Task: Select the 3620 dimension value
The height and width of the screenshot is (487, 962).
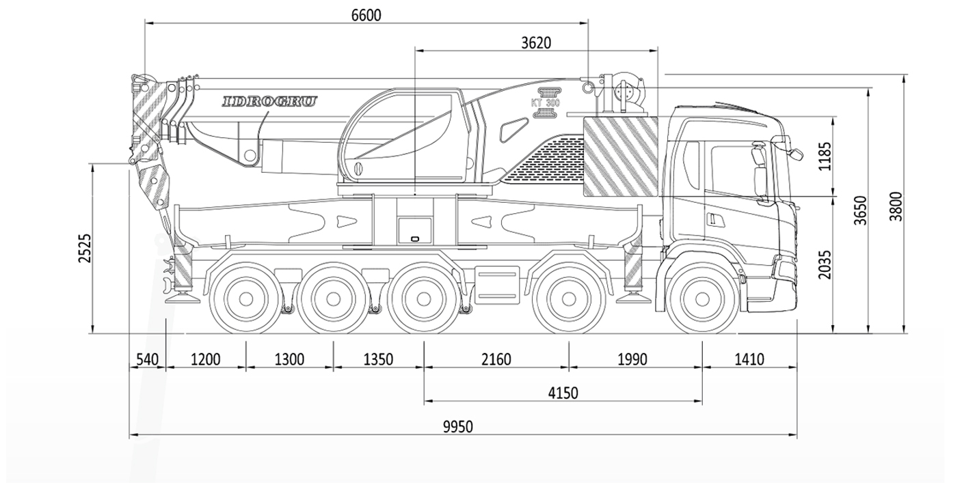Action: (x=536, y=42)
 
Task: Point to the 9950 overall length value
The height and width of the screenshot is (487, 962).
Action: (x=457, y=427)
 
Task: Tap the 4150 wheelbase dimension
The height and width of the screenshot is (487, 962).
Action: (x=563, y=393)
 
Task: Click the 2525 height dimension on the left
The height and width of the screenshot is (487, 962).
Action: (x=84, y=248)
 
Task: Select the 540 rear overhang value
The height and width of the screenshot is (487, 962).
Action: (x=147, y=359)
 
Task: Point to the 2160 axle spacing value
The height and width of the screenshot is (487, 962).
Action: (x=496, y=359)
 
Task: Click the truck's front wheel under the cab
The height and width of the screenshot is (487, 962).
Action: (x=702, y=299)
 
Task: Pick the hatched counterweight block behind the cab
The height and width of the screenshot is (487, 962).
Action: (x=619, y=156)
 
